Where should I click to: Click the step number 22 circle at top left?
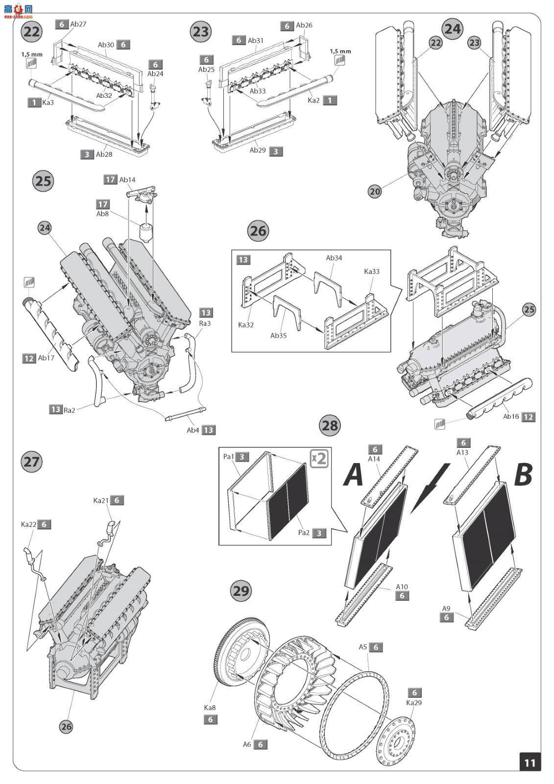pyautogui.click(x=31, y=32)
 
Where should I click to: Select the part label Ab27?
pyautogui.click(x=78, y=24)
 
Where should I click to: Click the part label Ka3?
pyautogui.click(x=48, y=102)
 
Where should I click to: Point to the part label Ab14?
pyautogui.click(x=127, y=179)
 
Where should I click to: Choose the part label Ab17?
pyautogui.click(x=46, y=358)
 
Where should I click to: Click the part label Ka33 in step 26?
pyautogui.click(x=371, y=271)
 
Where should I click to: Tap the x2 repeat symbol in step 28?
pyautogui.click(x=319, y=458)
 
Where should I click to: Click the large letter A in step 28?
pyautogui.click(x=354, y=475)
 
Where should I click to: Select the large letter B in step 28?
pyautogui.click(x=523, y=475)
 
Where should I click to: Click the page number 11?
pyautogui.click(x=530, y=762)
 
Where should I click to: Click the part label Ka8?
pyautogui.click(x=210, y=708)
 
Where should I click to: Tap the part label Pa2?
pyautogui.click(x=304, y=533)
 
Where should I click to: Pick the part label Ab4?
pyautogui.click(x=193, y=430)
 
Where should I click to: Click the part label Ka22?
pyautogui.click(x=28, y=524)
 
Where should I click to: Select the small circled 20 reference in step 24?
pyautogui.click(x=375, y=192)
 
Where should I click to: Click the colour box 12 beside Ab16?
pyautogui.click(x=529, y=417)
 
